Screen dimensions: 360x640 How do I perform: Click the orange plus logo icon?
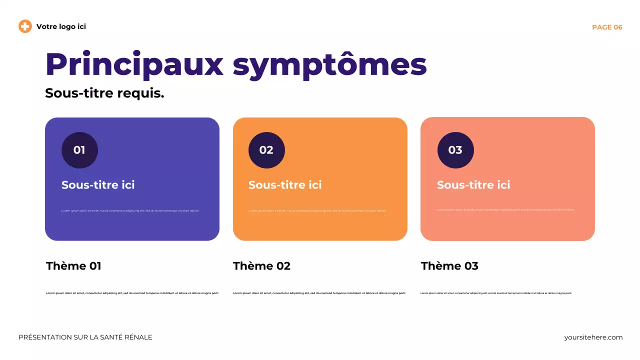pos(25,26)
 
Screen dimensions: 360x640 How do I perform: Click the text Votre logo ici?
pos(61,26)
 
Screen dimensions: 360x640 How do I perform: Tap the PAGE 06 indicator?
pos(607,27)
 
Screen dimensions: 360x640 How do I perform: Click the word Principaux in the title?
pos(134,64)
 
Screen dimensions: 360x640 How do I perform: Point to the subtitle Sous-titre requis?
pos(104,93)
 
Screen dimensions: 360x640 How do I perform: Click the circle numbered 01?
pos(79,150)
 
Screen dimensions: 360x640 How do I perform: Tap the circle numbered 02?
pos(266,150)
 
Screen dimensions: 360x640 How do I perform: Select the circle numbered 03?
pos(455,150)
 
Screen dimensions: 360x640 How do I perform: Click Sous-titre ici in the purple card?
pos(98,185)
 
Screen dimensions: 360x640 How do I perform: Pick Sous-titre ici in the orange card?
pos(285,185)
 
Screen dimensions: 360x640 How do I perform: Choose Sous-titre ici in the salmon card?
pos(473,185)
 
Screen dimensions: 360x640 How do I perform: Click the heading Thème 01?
pos(73,266)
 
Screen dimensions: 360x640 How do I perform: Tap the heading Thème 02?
pos(261,266)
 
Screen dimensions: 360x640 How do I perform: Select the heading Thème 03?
pos(449,266)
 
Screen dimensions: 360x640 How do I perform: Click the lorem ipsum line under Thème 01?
pos(132,293)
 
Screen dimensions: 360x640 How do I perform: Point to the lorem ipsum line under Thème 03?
pos(496,293)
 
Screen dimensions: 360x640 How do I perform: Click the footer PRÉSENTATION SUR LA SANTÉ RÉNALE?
pos(85,337)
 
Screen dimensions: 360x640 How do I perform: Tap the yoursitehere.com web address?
pos(593,337)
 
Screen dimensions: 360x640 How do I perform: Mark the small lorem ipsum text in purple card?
pos(130,210)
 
